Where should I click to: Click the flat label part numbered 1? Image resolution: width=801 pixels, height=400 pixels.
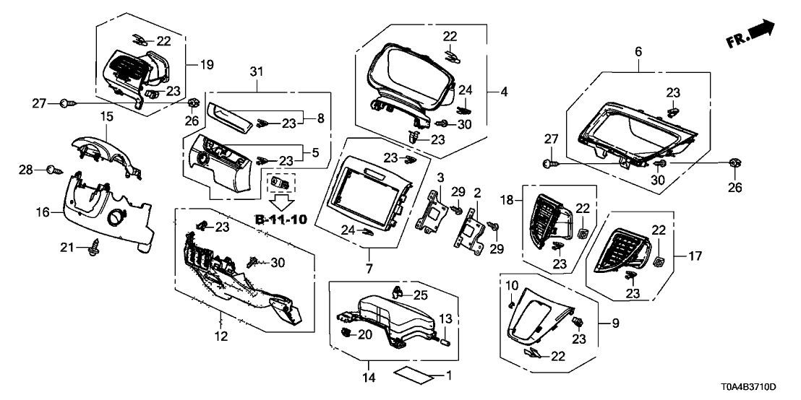[x=416, y=375]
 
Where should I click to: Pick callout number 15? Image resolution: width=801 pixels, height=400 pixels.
[x=106, y=116]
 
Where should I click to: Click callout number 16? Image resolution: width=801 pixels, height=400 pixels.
[x=42, y=212]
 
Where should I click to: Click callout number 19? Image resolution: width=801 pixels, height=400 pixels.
[x=207, y=65]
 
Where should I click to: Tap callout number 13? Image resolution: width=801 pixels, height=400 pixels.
[x=445, y=318]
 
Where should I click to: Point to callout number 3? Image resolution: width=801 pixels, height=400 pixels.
[x=439, y=177]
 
